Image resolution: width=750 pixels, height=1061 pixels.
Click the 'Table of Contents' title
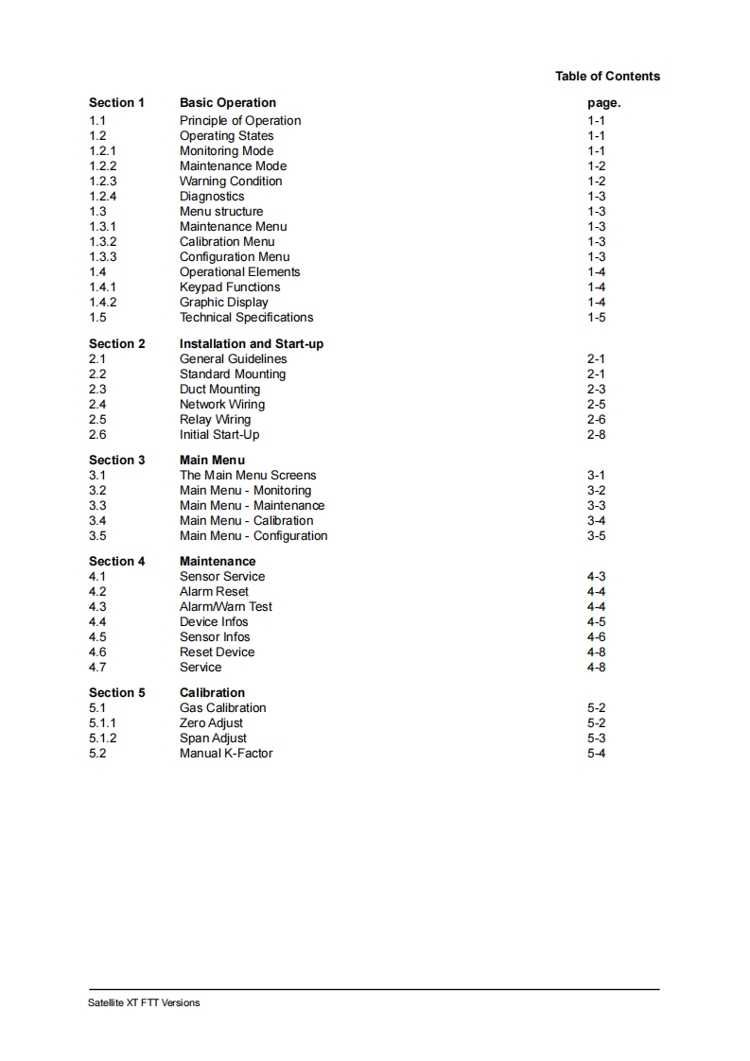[x=607, y=76]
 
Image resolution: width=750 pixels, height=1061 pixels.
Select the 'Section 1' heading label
[x=117, y=102]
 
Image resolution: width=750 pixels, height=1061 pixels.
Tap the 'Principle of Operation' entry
[x=240, y=120]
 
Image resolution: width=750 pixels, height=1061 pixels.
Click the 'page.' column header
[x=603, y=102]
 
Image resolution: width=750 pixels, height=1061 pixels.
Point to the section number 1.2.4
[x=103, y=196]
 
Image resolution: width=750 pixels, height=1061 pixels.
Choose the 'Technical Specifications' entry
[x=246, y=317]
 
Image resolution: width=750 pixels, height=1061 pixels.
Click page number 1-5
[x=596, y=317]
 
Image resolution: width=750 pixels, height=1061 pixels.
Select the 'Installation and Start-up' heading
[x=252, y=343]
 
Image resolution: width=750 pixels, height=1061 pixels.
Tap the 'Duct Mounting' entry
[x=219, y=389]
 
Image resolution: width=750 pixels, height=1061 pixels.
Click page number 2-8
[x=596, y=434]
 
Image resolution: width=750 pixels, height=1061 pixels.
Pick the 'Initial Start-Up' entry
[x=219, y=434]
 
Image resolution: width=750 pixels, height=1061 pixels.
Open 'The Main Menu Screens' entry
[x=248, y=475]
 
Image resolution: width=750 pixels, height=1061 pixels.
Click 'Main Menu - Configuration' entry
[x=253, y=535]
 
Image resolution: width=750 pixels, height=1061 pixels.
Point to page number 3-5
[x=596, y=535]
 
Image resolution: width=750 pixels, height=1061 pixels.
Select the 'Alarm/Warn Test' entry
[x=226, y=606]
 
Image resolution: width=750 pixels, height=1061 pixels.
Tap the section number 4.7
[x=97, y=667]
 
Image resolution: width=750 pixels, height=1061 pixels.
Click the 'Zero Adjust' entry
[x=211, y=722]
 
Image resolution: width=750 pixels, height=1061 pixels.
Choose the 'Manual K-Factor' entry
[x=226, y=753]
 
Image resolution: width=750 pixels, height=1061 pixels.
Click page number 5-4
[x=596, y=753]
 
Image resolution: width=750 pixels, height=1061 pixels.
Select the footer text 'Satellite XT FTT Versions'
[x=144, y=1002]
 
